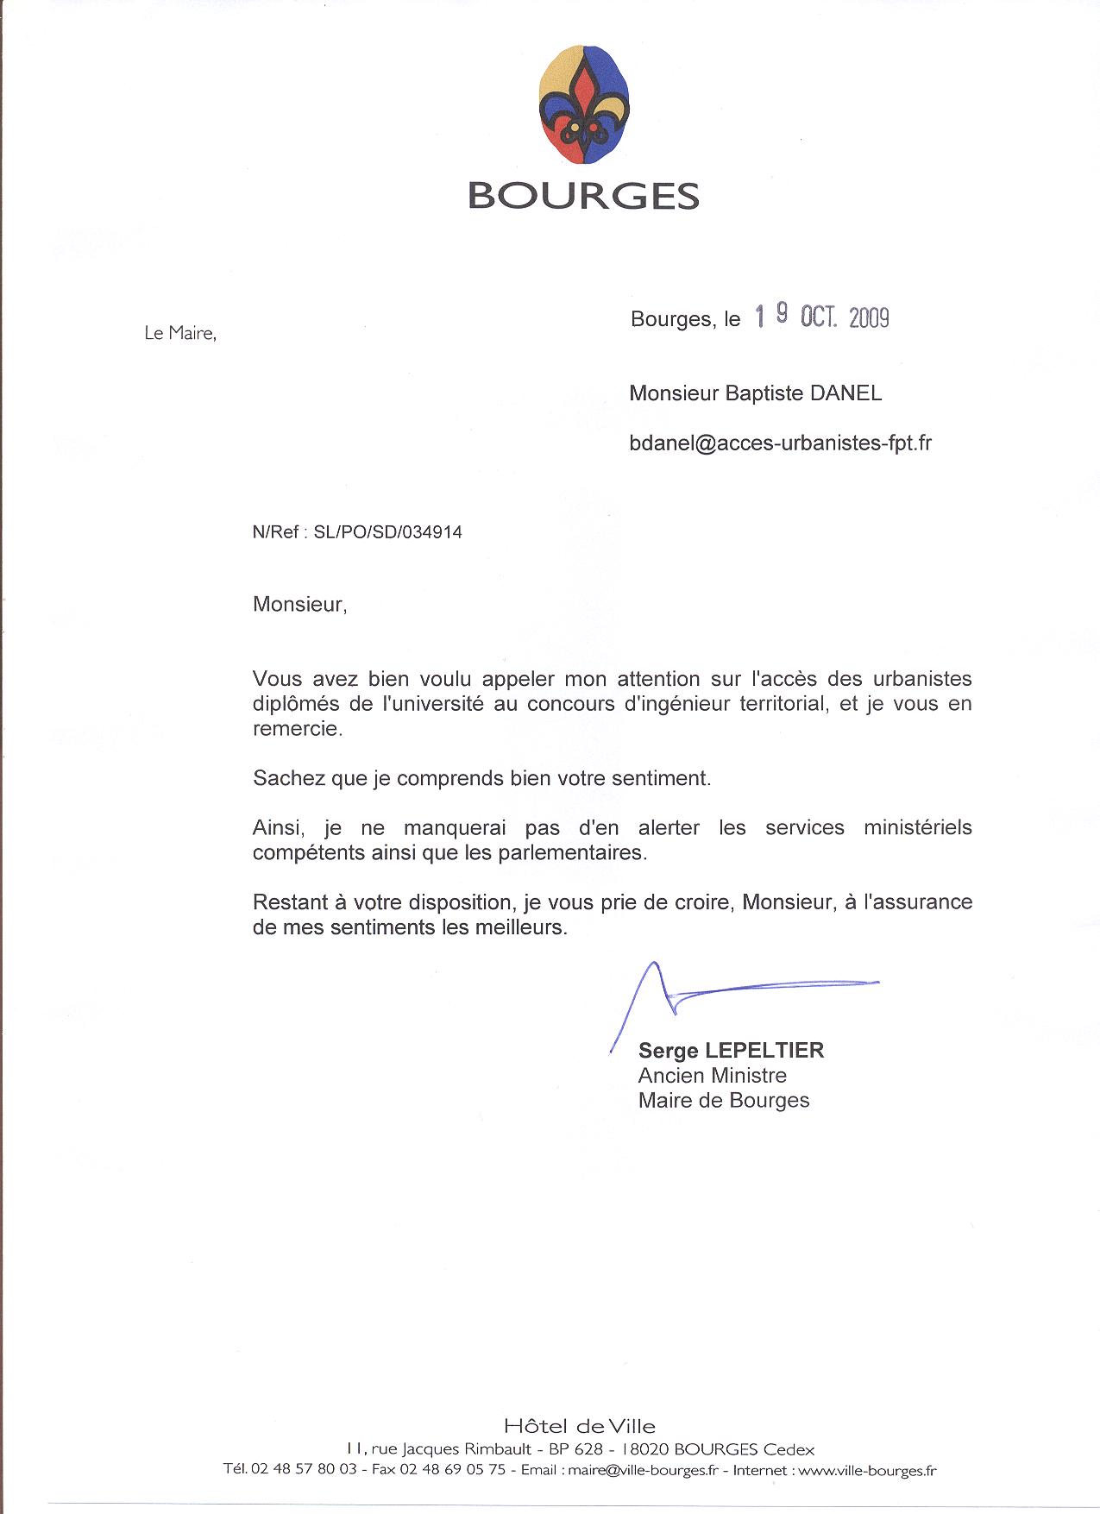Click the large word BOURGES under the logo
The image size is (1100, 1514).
coord(583,196)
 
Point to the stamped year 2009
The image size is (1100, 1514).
coord(868,317)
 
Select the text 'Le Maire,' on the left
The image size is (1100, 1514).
coord(179,333)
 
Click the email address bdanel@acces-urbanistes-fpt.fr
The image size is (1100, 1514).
coord(781,443)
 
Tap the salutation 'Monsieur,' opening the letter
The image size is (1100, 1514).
coord(299,604)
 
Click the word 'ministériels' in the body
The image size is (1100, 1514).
coord(917,827)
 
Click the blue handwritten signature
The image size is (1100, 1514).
coord(707,992)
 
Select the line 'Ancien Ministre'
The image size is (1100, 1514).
coord(712,1076)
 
